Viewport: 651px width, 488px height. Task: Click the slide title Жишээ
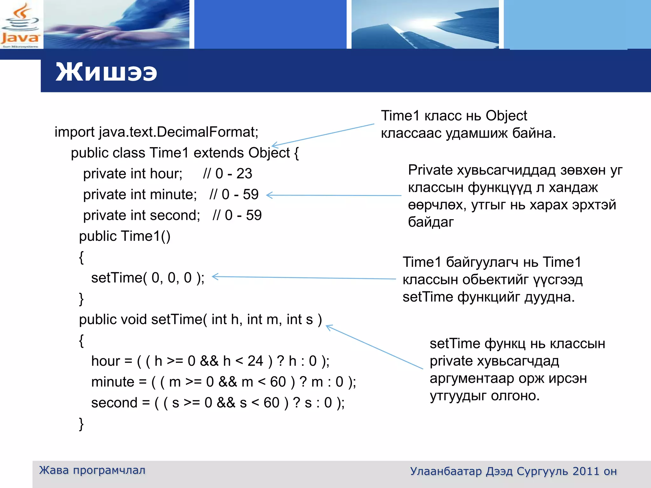pyautogui.click(x=106, y=72)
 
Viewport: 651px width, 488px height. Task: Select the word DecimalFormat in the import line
pyautogui.click(x=207, y=132)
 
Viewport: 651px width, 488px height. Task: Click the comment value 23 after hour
pyautogui.click(x=244, y=174)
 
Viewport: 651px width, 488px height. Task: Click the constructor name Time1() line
pyautogui.click(x=125, y=236)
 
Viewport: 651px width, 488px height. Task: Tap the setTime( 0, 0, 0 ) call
pyautogui.click(x=147, y=278)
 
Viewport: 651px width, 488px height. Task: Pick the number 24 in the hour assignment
pyautogui.click(x=255, y=361)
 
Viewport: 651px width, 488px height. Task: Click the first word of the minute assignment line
pyautogui.click(x=113, y=382)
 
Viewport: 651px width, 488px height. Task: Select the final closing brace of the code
pyautogui.click(x=81, y=424)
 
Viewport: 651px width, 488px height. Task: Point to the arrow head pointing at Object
pyautogui.click(x=274, y=145)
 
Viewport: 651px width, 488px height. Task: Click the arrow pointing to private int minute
pyautogui.click(x=334, y=195)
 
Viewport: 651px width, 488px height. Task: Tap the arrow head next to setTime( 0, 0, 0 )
pyautogui.click(x=215, y=277)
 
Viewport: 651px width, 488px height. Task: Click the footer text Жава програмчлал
pyautogui.click(x=92, y=470)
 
